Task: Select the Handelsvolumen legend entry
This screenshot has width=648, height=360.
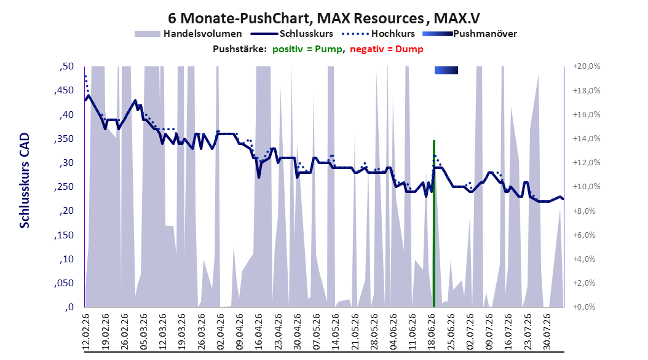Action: click(188, 34)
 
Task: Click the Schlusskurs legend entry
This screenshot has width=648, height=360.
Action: click(292, 34)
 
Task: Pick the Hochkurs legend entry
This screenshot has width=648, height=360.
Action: click(378, 34)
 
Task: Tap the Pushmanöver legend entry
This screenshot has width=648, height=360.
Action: click(470, 34)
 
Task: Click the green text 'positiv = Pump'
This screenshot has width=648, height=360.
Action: click(307, 49)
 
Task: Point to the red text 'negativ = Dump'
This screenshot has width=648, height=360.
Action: click(387, 49)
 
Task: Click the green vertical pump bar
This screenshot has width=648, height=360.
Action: click(434, 224)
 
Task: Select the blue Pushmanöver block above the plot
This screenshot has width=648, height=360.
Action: click(446, 71)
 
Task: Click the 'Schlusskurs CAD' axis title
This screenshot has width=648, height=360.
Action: click(25, 181)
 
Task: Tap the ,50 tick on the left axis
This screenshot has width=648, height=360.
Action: click(66, 66)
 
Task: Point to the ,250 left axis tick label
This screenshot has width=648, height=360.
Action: click(64, 187)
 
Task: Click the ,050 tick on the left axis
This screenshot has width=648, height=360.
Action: click(64, 283)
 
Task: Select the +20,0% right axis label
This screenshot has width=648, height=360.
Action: click(587, 66)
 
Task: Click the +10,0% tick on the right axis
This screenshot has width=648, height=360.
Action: click(587, 187)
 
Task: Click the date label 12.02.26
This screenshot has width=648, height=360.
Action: click(86, 332)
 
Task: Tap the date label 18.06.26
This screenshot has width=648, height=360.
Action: click(432, 332)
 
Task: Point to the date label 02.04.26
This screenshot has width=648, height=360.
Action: click(221, 332)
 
